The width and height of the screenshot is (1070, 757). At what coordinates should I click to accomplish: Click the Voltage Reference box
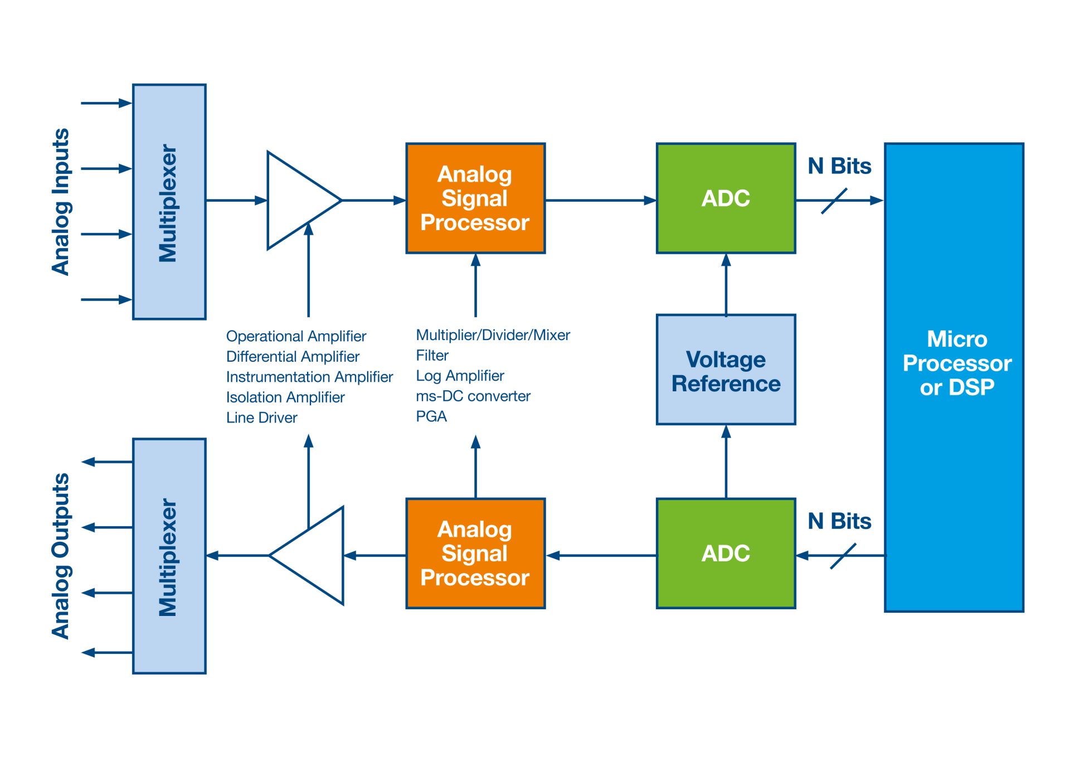[726, 370]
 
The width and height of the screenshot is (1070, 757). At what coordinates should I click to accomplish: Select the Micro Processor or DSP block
[954, 377]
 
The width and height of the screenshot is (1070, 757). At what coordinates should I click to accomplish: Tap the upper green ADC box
[726, 198]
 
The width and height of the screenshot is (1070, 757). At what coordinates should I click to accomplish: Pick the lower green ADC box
[726, 553]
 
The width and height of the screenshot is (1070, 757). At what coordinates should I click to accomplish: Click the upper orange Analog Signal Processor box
[475, 198]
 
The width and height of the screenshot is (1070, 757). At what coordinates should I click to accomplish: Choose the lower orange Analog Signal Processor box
[475, 553]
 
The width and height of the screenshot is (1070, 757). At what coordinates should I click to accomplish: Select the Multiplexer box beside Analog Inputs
[169, 202]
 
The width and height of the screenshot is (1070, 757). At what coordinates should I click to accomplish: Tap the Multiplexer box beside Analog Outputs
[169, 556]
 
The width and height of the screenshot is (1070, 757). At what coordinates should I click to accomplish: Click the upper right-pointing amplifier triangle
[298, 200]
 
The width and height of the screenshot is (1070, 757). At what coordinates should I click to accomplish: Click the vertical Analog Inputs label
[61, 202]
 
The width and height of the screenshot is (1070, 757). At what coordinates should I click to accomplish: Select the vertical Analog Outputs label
[61, 556]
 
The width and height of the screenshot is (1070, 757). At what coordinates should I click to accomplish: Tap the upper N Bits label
[839, 166]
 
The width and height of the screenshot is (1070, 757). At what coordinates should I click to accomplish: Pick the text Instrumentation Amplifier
[309, 377]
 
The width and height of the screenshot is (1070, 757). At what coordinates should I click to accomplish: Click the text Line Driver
[261, 418]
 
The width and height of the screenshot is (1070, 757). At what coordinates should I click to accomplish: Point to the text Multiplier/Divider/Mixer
[493, 335]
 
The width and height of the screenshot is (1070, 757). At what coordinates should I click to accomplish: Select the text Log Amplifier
[460, 376]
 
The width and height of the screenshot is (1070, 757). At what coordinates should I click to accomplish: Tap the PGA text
[431, 416]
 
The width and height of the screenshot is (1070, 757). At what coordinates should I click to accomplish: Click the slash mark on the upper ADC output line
[834, 201]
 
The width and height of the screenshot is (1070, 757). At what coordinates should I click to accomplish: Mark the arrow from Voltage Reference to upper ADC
[726, 284]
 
